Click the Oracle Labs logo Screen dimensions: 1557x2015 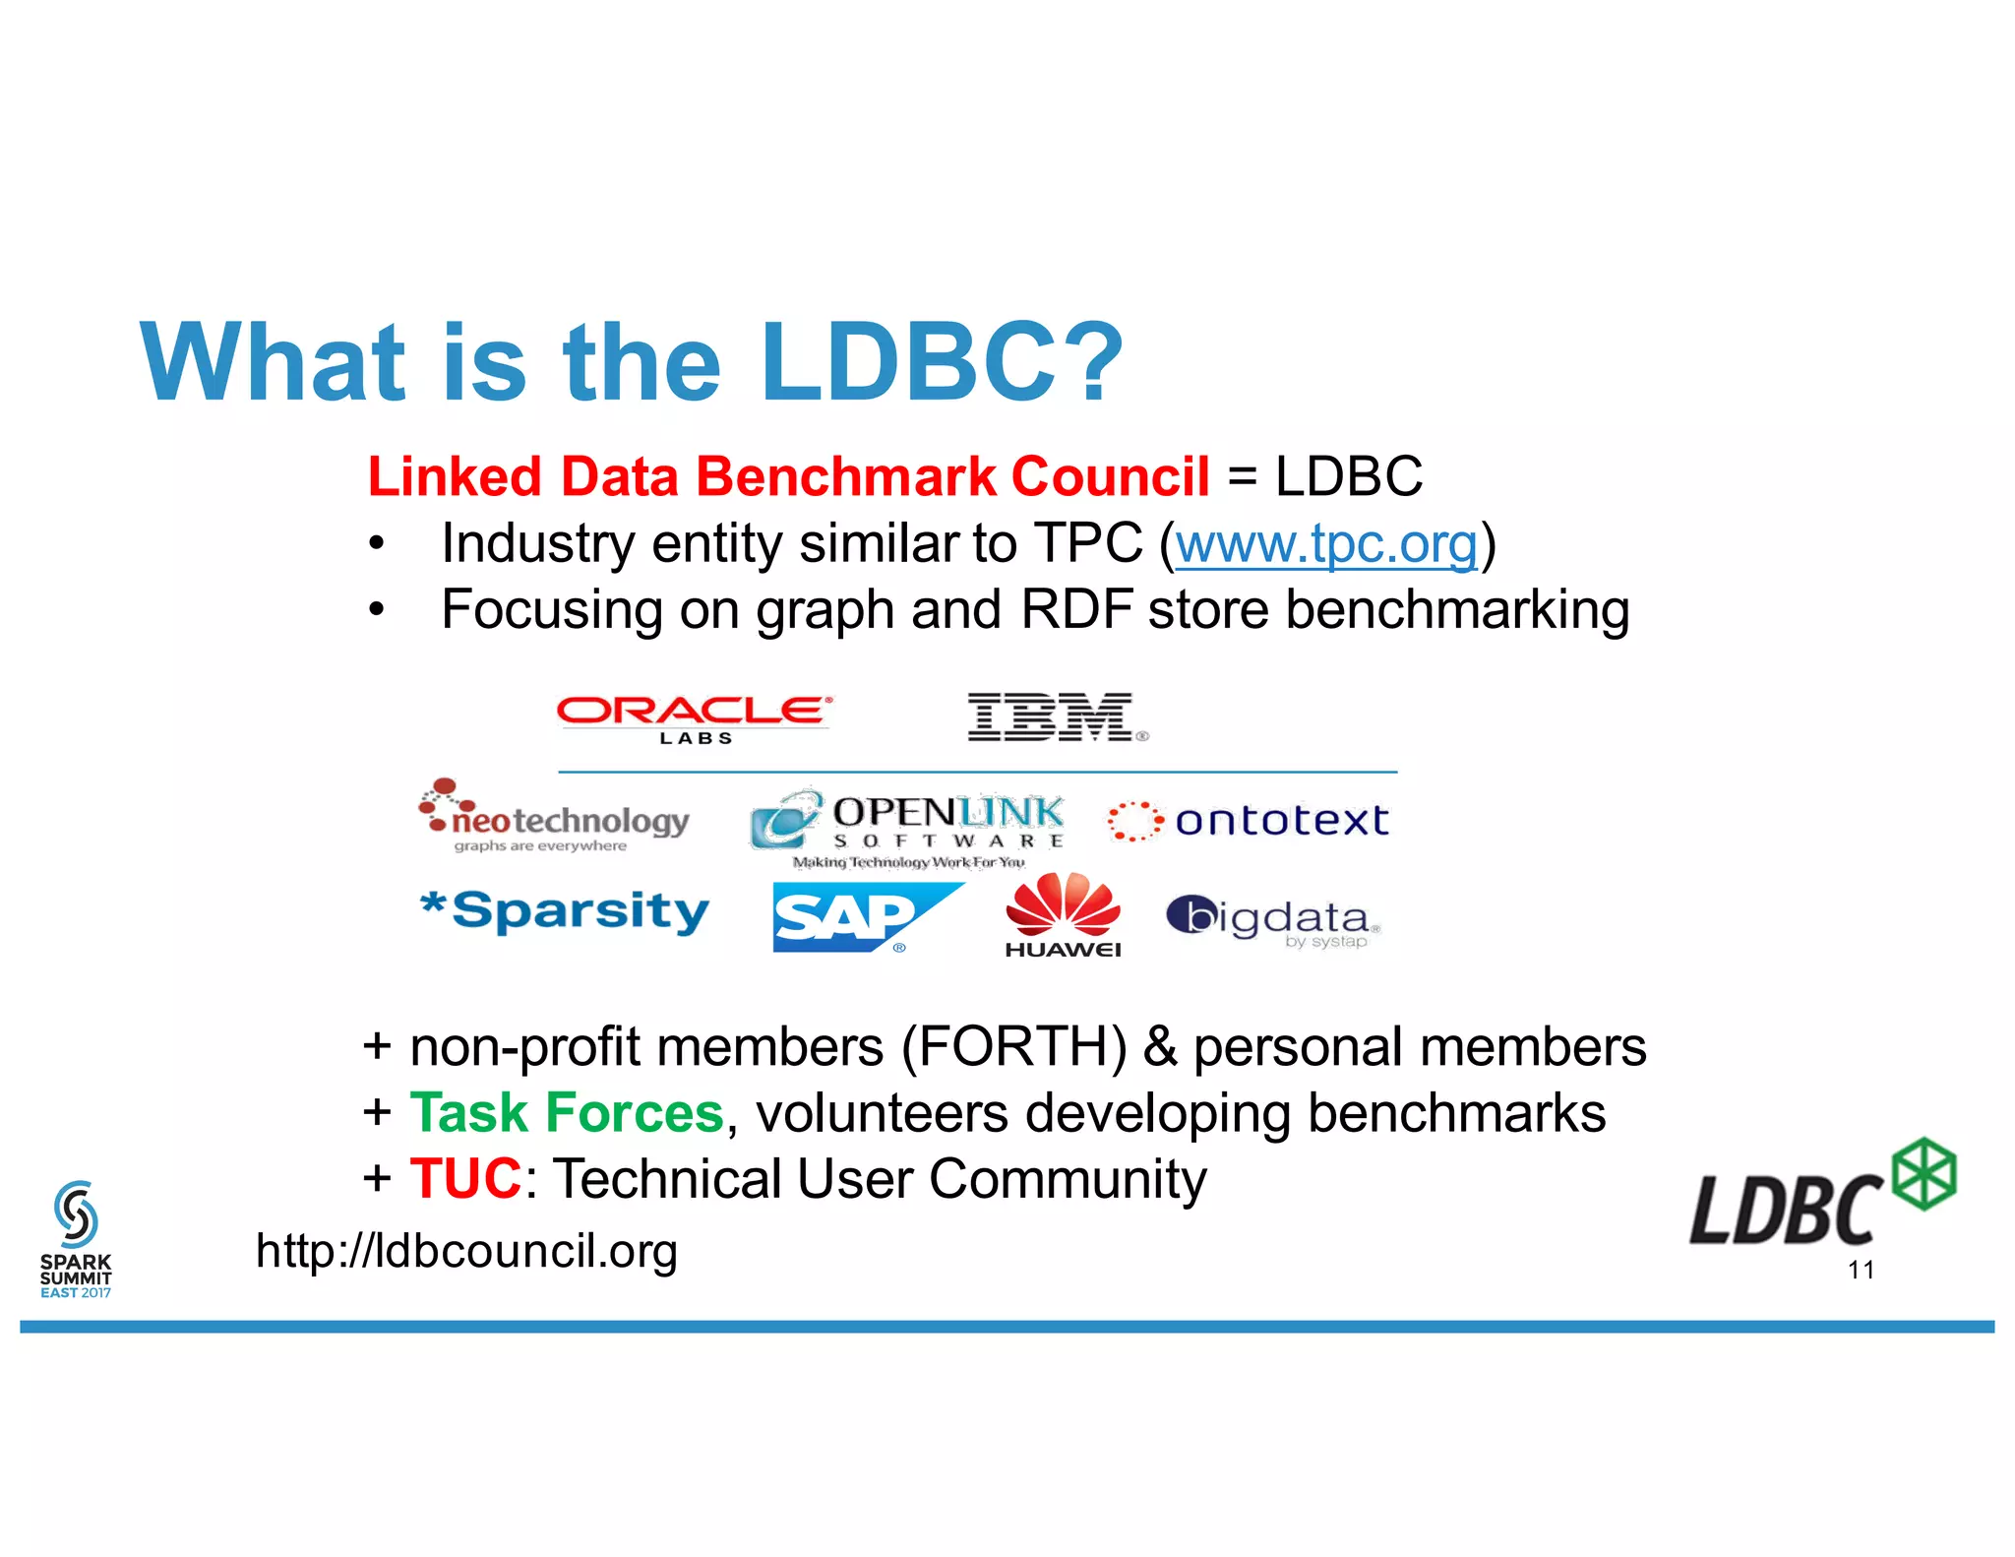click(695, 718)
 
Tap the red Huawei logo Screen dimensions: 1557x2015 click(1063, 915)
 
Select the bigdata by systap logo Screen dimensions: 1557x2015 click(1273, 920)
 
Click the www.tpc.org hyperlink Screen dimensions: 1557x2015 click(1326, 543)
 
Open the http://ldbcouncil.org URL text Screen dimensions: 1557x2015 click(466, 1251)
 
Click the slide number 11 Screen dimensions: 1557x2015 click(1861, 1270)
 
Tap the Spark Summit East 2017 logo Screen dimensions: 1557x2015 click(76, 1240)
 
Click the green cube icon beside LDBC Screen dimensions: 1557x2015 click(1924, 1173)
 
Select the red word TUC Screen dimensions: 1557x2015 click(464, 1178)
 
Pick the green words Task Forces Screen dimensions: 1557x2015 click(567, 1112)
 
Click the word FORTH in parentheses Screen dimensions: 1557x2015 click(1013, 1046)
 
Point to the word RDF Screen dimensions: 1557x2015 click(1076, 609)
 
